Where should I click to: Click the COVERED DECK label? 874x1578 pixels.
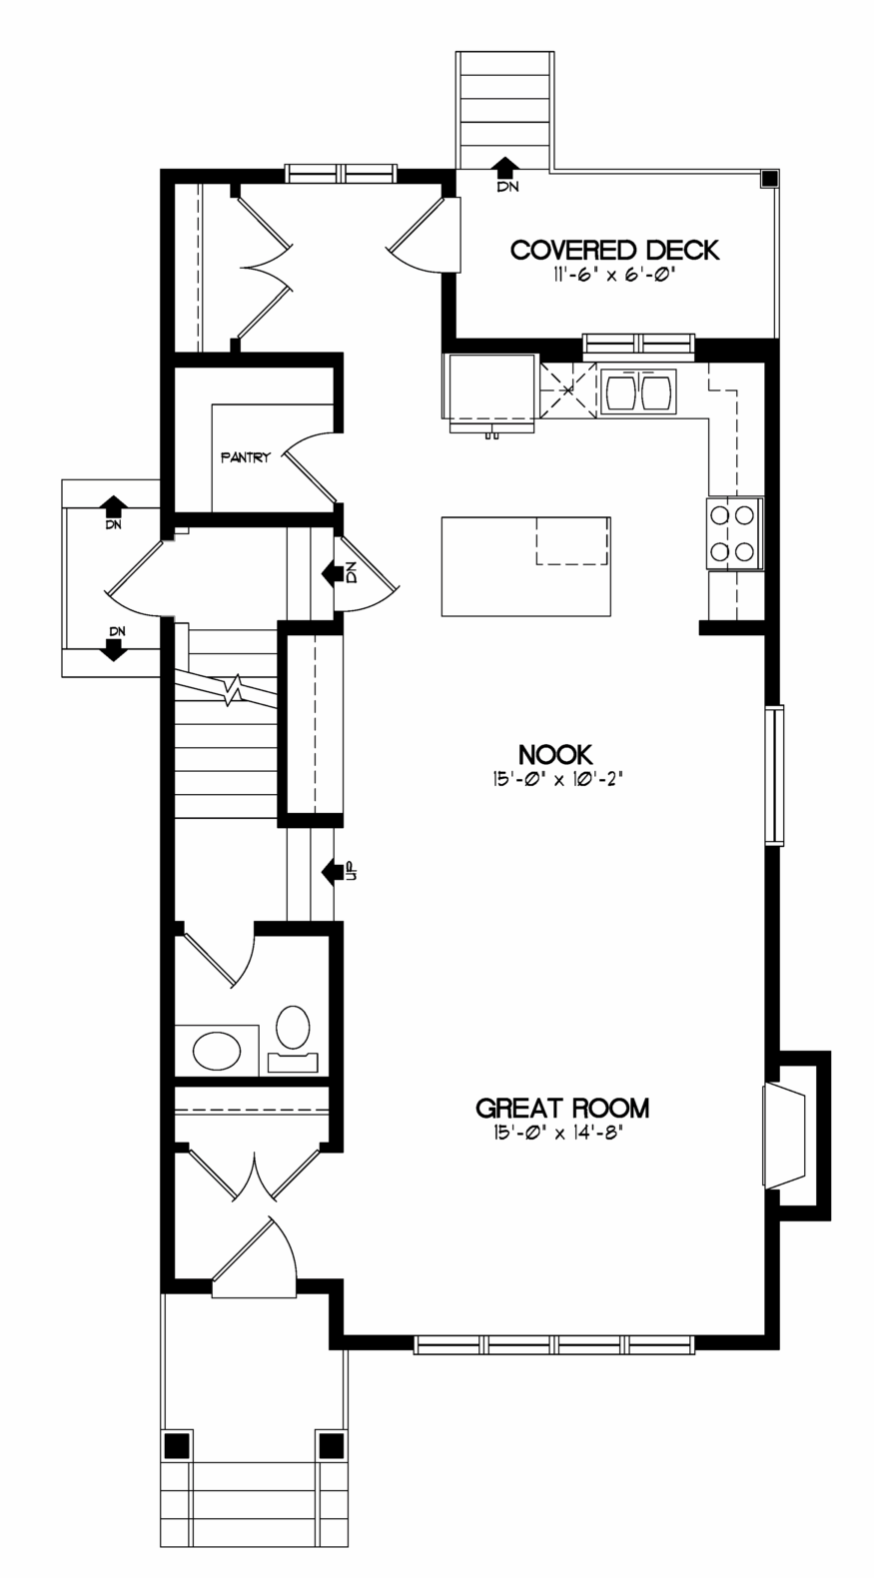point(615,250)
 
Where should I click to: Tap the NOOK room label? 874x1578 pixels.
point(555,754)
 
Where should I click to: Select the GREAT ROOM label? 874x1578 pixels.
point(562,1109)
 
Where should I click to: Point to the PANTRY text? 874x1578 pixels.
point(245,457)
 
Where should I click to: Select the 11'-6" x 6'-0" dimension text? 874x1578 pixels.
point(609,276)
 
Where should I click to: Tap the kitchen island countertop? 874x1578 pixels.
point(526,566)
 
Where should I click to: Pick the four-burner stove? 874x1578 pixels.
point(734,533)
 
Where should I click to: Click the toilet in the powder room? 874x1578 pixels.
point(293,1039)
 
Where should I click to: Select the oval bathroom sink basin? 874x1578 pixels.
point(216,1051)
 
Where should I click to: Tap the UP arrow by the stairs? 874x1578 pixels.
point(333,872)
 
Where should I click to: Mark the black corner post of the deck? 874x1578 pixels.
point(770,177)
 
